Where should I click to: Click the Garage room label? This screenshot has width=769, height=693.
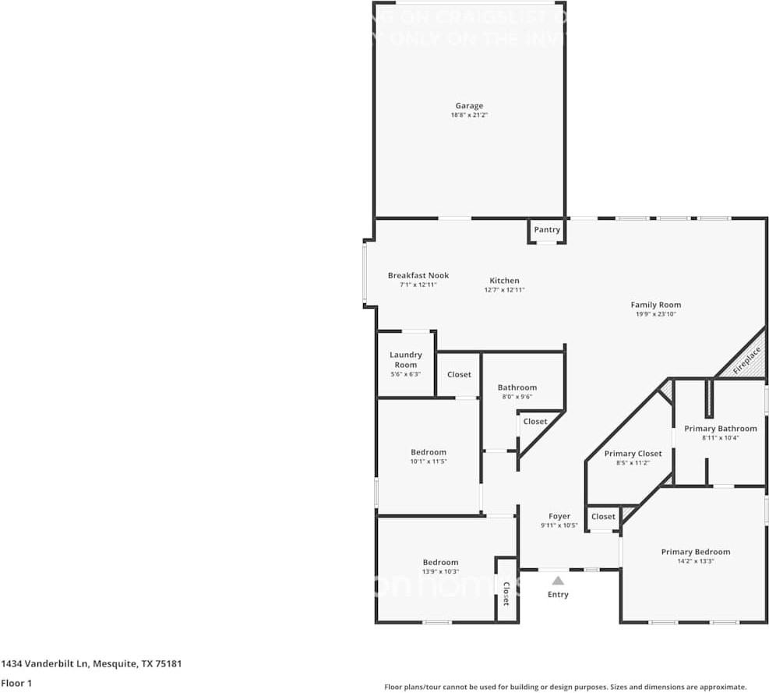(469, 106)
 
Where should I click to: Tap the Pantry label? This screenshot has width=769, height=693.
(547, 230)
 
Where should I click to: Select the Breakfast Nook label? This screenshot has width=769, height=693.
(418, 275)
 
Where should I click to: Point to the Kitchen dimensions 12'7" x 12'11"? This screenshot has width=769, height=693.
(504, 290)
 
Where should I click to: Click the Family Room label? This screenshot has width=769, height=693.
(655, 305)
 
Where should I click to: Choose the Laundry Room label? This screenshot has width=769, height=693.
(405, 359)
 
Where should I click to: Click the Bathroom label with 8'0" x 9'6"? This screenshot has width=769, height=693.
(517, 387)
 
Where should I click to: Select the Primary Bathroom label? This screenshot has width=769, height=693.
(720, 429)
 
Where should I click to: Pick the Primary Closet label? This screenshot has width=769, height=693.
(633, 454)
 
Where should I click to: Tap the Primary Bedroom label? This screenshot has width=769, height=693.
(695, 552)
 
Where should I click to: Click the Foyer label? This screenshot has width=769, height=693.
(559, 516)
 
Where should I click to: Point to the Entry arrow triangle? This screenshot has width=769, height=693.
(558, 581)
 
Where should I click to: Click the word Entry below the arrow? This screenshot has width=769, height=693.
(558, 595)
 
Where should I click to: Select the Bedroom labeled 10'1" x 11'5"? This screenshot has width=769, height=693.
(429, 452)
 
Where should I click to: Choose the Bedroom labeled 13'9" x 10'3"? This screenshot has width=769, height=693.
(440, 562)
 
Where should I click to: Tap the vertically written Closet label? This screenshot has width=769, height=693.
(506, 594)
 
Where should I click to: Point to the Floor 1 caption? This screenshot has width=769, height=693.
(16, 683)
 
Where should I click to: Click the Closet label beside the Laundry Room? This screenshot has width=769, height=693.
(459, 374)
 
